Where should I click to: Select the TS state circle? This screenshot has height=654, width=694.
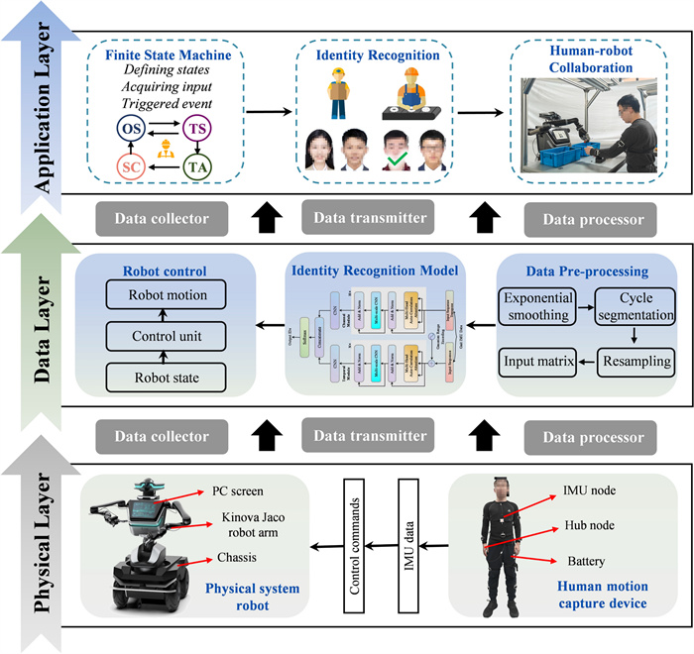[196, 129]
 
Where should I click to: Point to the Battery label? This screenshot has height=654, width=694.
[585, 561]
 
